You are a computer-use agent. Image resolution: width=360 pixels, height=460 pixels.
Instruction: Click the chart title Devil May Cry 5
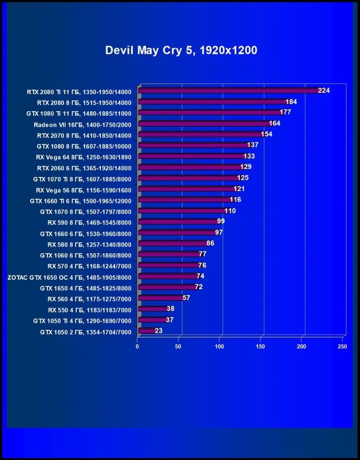point(181,50)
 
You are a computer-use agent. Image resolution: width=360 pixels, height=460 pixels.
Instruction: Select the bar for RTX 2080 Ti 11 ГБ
point(227,90)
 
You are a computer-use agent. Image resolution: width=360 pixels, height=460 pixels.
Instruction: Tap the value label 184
point(291,102)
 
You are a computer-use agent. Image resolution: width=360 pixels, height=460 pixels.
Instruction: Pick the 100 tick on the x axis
point(220,347)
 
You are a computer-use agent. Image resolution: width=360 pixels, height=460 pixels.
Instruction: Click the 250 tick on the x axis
point(342,347)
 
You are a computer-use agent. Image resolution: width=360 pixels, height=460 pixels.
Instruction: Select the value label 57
point(186,298)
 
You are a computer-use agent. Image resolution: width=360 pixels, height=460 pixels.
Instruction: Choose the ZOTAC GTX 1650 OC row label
point(70,277)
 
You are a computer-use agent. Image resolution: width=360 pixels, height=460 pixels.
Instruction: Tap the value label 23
point(158,330)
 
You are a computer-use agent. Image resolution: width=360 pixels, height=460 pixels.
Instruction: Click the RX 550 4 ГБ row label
point(90,310)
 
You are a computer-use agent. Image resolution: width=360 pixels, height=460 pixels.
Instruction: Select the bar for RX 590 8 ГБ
point(177,221)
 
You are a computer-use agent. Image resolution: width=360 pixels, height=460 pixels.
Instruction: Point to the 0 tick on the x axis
point(137,347)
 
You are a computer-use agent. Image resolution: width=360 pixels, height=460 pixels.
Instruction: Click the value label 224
point(324,90)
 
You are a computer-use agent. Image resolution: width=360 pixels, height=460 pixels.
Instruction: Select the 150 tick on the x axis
point(261,347)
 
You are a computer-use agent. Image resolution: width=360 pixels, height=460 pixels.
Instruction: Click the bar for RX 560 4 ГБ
point(160,298)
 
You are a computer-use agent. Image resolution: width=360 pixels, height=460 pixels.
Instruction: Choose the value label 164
point(275,123)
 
